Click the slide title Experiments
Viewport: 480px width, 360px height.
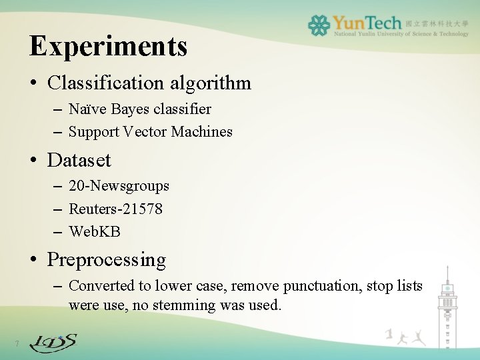pos(109,46)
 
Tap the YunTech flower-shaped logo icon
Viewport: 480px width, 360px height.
pos(319,25)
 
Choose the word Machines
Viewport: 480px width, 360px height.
pos(201,132)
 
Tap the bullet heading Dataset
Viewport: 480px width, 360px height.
pos(79,161)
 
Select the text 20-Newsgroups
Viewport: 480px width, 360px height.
pos(119,186)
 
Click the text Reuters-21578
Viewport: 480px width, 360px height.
pos(115,209)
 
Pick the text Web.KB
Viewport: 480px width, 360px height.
pos(95,232)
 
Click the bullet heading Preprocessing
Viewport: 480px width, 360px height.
pos(107,259)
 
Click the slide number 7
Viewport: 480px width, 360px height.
pos(17,344)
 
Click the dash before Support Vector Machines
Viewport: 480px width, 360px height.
pos(56,132)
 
